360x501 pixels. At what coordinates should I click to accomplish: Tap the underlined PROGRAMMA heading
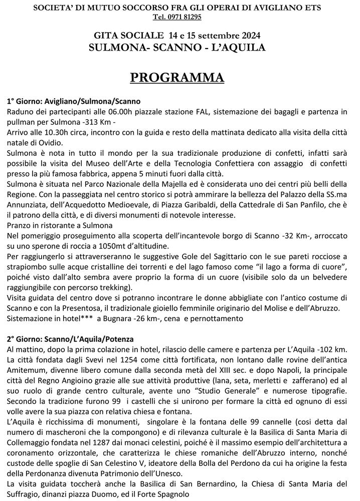click(x=177, y=78)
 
